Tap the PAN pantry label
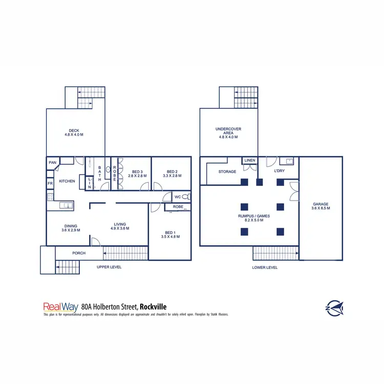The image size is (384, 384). coord(52,163)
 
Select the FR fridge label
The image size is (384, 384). coord(50,183)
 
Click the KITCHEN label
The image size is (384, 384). coord(67,181)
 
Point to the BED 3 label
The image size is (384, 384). coord(137,172)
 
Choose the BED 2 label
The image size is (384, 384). coord(172,172)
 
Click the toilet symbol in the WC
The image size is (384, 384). coord(186,197)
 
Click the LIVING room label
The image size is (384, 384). coord(120,225)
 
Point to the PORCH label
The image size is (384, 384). coord(79,253)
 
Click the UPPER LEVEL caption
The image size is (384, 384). coord(109,267)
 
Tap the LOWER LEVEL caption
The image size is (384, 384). coord(265,267)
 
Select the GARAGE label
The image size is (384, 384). coord(321,204)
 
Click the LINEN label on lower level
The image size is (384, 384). coord(249,161)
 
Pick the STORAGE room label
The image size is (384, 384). coord(227,172)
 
